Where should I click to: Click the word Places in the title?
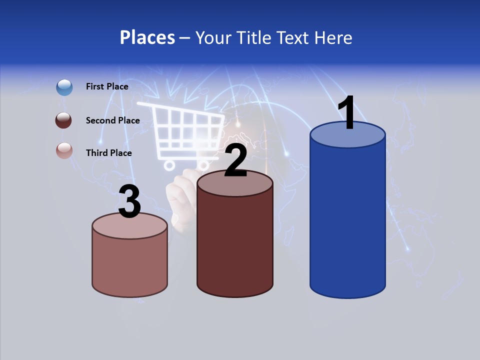[x=147, y=37]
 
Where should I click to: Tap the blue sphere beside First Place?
[x=64, y=87]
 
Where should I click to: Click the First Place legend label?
[x=107, y=86]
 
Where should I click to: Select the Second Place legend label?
[x=112, y=120]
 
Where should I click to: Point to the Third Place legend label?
[x=108, y=153]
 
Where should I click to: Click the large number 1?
[x=347, y=113]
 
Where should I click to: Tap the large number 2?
[x=235, y=160]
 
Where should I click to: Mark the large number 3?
[x=129, y=201]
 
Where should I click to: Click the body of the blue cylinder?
[x=347, y=220]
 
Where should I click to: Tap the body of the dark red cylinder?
[x=235, y=240]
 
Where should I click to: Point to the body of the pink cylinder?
[x=130, y=262]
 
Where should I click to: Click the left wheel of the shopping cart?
[x=169, y=164]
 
